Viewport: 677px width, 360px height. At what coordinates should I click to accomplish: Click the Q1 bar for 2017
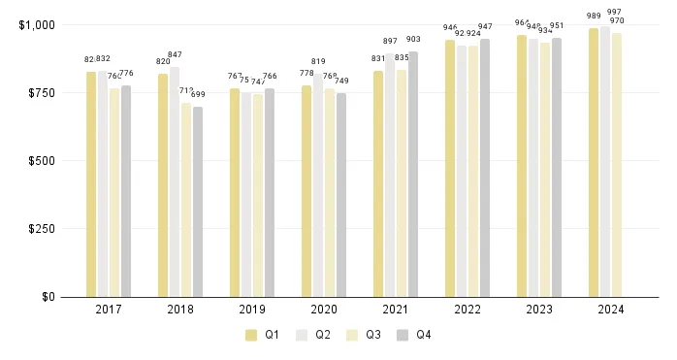click(90, 184)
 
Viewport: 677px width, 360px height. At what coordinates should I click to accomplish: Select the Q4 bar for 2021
click(413, 174)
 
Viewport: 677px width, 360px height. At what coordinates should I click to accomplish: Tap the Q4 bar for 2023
click(557, 167)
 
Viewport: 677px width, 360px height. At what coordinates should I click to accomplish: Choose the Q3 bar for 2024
click(617, 165)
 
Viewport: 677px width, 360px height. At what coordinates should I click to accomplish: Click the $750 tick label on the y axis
click(40, 93)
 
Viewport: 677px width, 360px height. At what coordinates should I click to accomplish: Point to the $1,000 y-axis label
click(37, 24)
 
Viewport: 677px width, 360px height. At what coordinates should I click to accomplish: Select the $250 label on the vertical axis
click(40, 229)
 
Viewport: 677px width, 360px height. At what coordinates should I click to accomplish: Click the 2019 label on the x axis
click(252, 310)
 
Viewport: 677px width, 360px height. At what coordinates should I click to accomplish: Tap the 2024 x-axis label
click(611, 310)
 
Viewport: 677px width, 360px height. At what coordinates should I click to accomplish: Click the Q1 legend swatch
click(251, 335)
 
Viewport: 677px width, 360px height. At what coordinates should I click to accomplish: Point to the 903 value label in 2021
click(413, 39)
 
